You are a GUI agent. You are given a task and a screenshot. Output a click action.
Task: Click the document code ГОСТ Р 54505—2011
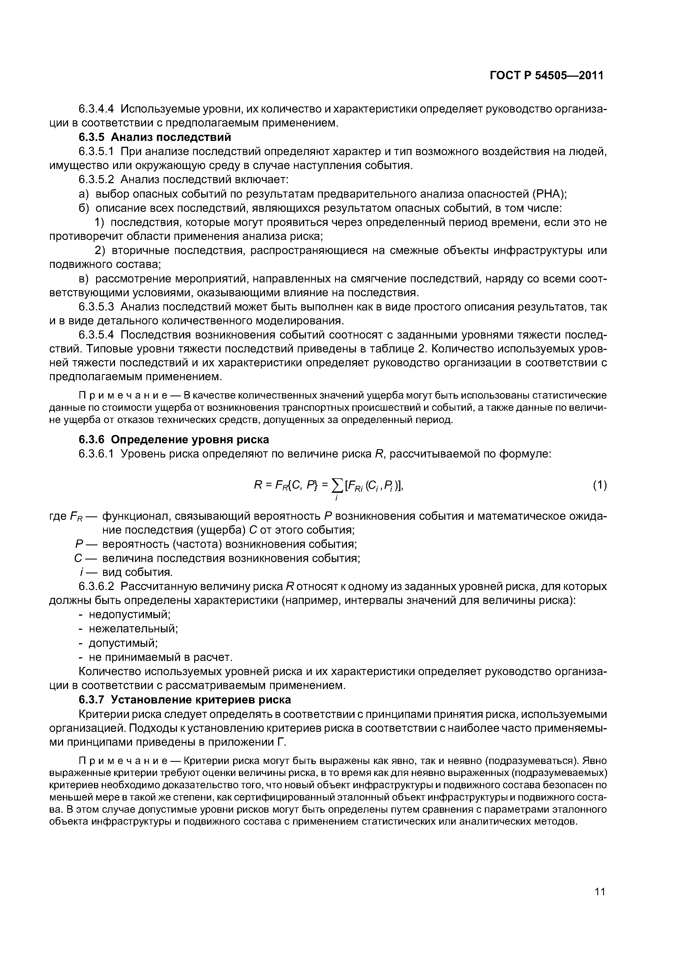point(546,76)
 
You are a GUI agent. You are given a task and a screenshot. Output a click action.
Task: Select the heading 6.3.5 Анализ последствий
point(155,137)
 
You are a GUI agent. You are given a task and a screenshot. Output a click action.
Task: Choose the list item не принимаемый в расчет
point(161,657)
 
